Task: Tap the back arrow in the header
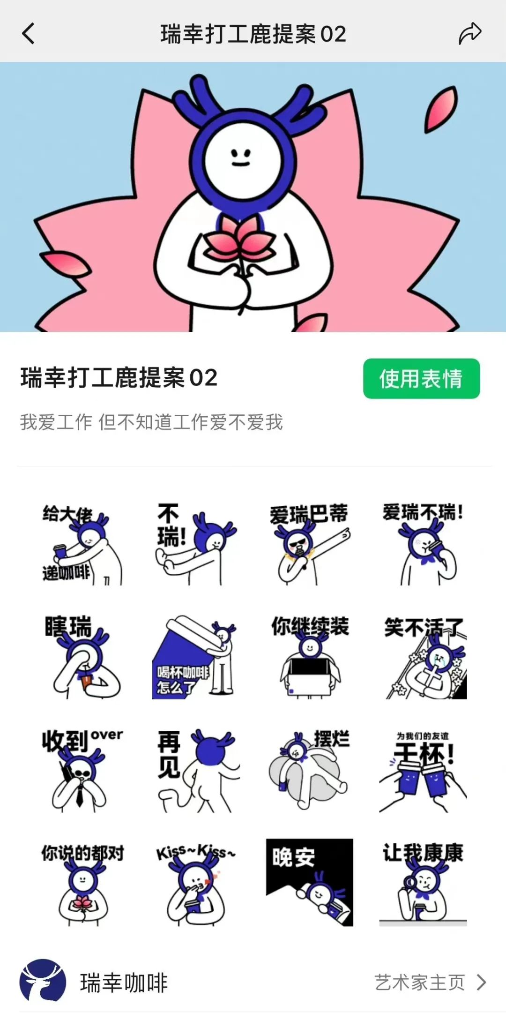28,34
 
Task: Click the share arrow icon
470,34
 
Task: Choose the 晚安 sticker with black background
310,882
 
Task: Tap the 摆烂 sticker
309,770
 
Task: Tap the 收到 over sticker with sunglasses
82,770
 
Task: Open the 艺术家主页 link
430,982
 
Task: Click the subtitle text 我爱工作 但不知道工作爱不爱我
151,422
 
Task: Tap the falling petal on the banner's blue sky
440,109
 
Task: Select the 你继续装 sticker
309,657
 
